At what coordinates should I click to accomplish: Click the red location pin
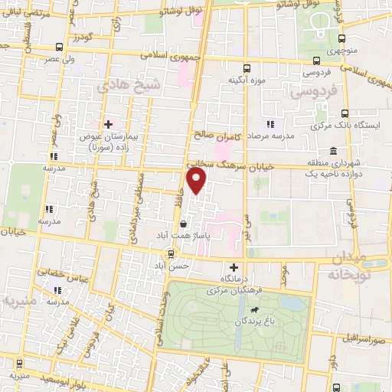coord(198,181)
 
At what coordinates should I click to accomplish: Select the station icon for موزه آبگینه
coord(247,67)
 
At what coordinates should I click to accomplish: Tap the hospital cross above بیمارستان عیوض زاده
coord(108,123)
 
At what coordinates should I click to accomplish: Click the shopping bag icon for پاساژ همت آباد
coord(183,224)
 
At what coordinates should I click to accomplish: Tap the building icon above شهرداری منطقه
coord(332,150)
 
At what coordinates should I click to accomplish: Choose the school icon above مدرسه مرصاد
coord(269,123)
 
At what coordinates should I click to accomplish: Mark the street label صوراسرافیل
coord(360,338)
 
